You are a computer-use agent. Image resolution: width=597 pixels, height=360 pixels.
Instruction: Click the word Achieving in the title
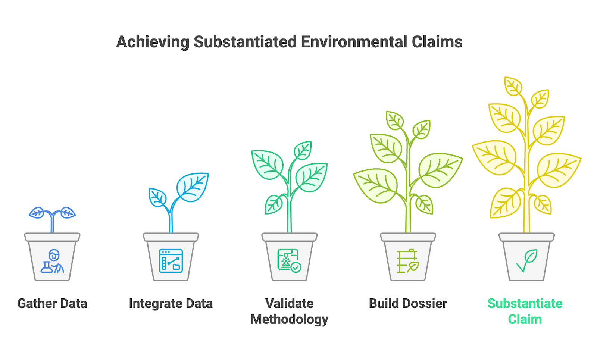click(x=153, y=42)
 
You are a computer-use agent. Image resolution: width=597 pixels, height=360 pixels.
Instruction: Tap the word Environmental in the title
click(x=354, y=42)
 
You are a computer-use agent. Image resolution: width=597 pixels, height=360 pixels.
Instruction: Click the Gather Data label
click(x=52, y=304)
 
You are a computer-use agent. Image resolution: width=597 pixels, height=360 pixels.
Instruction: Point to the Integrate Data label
click(x=171, y=304)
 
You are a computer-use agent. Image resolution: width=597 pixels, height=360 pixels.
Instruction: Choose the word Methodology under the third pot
click(x=289, y=320)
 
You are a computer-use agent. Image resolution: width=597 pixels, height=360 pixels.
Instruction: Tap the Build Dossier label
click(x=408, y=304)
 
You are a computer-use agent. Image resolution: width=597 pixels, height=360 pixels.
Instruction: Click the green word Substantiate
click(x=525, y=304)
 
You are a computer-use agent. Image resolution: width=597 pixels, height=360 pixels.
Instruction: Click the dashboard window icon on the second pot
click(x=171, y=261)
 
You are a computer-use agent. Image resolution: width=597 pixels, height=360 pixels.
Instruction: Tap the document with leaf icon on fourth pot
click(x=407, y=261)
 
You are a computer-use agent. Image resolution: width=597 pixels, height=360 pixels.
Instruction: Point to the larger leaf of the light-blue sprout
click(x=193, y=187)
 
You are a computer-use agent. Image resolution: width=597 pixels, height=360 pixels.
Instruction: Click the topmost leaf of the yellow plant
click(x=513, y=86)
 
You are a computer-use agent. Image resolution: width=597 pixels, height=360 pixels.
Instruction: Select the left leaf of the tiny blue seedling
click(x=37, y=213)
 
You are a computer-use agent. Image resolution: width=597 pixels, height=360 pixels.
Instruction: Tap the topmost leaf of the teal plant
click(x=303, y=150)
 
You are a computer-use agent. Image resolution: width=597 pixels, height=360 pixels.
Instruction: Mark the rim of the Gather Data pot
click(x=52, y=237)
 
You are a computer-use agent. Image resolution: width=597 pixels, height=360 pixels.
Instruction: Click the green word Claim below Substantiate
click(x=525, y=320)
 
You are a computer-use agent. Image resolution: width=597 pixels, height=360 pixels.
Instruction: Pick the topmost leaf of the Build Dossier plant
click(x=395, y=120)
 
